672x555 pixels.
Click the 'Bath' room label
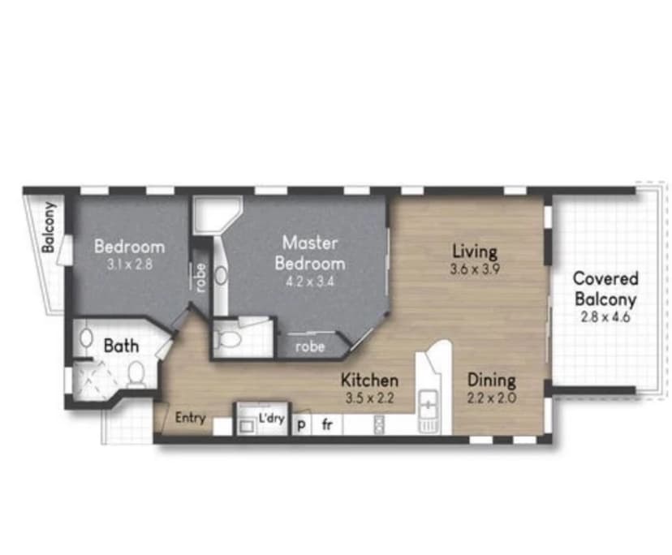tap(121, 345)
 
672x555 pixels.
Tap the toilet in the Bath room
tap(136, 374)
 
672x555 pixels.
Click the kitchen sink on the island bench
tap(428, 400)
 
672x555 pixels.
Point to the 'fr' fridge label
tap(326, 424)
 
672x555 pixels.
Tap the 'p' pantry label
tap(302, 424)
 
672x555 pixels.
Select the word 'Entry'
tap(190, 419)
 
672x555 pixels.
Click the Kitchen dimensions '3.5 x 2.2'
tap(368, 398)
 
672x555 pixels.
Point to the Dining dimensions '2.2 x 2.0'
tap(491, 398)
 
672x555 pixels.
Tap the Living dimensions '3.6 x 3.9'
tap(475, 269)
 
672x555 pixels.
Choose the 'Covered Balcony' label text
tap(605, 288)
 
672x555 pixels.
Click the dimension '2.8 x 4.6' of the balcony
tap(605, 316)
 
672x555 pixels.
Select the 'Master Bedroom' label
tap(309, 252)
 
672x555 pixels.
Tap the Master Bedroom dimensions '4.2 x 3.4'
tap(309, 282)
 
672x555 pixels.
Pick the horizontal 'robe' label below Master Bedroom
tap(310, 346)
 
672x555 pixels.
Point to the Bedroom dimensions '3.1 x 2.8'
tap(129, 265)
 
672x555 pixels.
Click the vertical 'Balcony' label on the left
tap(48, 228)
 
